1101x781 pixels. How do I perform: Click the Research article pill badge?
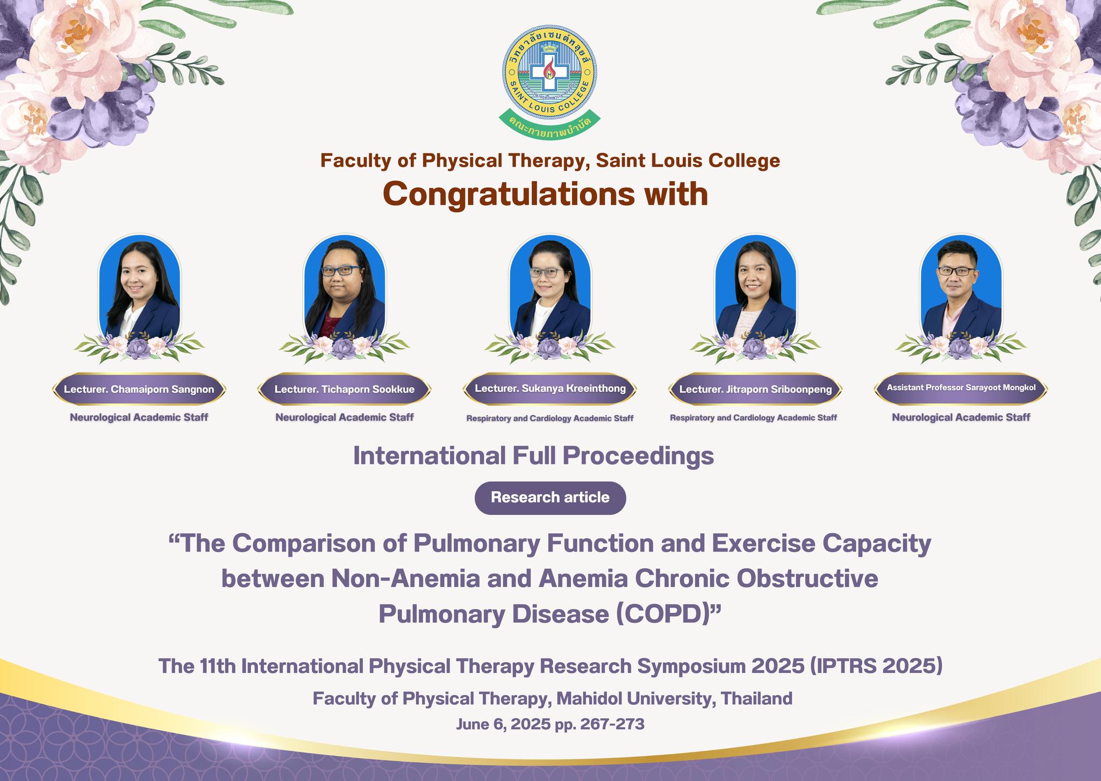click(x=550, y=498)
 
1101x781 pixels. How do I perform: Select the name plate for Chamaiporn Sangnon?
click(x=139, y=389)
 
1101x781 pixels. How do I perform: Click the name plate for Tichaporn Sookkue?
click(x=344, y=389)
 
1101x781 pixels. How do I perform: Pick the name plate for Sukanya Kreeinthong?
click(x=550, y=389)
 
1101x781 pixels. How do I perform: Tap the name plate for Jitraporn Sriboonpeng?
click(x=755, y=389)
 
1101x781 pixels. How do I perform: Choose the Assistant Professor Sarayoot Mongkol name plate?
click(x=961, y=388)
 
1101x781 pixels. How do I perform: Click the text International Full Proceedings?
click(x=533, y=456)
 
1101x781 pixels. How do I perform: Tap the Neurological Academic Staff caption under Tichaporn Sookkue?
click(x=345, y=418)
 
